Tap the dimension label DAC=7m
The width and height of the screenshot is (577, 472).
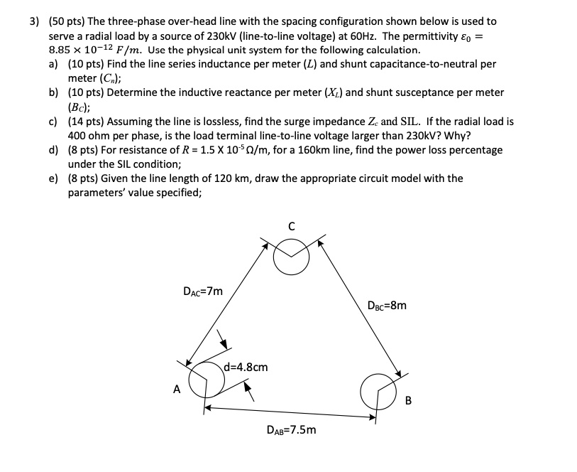point(202,291)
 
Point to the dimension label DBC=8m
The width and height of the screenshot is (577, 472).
point(388,306)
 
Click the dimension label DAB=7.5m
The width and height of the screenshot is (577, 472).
point(292,429)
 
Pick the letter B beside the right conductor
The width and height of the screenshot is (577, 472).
point(408,400)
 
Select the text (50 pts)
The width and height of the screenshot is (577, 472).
point(65,22)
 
